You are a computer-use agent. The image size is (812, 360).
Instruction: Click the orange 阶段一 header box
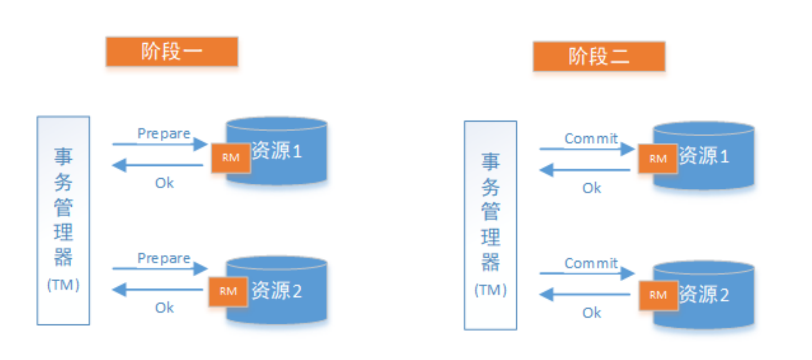(x=172, y=52)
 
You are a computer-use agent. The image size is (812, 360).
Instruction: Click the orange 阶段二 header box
(x=599, y=56)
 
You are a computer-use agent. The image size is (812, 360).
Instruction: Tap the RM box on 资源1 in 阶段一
(x=231, y=158)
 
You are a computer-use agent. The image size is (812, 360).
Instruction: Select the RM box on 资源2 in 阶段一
(x=228, y=291)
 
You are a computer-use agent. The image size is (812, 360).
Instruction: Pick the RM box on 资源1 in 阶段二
(x=658, y=159)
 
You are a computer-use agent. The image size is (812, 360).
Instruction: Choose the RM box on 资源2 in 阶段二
(x=658, y=295)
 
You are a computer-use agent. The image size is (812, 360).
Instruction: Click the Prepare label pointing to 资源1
(x=164, y=134)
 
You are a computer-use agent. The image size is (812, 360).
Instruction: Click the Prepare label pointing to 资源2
(x=164, y=259)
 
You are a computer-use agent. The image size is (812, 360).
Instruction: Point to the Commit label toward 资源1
(x=591, y=139)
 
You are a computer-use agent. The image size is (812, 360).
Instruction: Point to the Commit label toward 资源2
(x=591, y=263)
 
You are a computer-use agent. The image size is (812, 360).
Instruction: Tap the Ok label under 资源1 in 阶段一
(x=164, y=183)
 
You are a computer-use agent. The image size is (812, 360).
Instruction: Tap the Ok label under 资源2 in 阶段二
(x=592, y=313)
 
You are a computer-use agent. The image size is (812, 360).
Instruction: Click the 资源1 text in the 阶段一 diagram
(x=277, y=151)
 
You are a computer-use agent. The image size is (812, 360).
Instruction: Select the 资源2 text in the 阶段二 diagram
(x=704, y=295)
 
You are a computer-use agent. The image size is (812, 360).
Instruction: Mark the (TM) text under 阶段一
(x=63, y=285)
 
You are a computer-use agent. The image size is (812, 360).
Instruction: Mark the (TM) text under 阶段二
(x=490, y=290)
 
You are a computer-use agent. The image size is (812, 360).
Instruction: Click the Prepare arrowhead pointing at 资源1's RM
(x=201, y=144)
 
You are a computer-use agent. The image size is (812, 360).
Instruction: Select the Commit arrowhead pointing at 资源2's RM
(x=628, y=273)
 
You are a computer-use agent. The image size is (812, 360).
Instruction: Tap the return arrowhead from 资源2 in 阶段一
(x=119, y=290)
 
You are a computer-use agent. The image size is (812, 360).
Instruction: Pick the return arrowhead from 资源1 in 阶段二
(x=546, y=170)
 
